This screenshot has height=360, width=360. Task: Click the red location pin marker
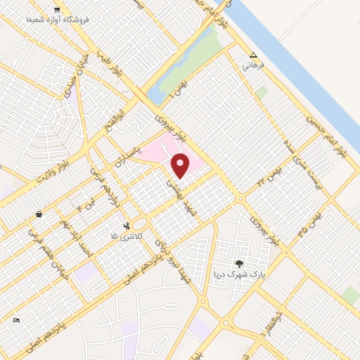click(181, 166)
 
